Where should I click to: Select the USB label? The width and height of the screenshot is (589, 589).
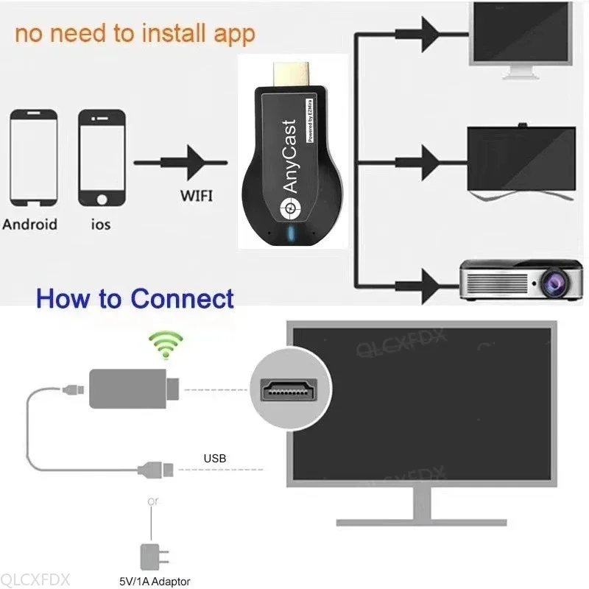pos(214,459)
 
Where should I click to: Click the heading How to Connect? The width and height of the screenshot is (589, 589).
pos(135,299)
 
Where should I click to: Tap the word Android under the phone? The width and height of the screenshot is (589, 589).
pos(29,224)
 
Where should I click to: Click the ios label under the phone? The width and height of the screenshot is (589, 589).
pos(101,224)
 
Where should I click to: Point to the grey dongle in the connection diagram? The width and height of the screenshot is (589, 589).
pos(132,387)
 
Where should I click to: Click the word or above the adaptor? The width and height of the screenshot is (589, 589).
pos(152,501)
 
